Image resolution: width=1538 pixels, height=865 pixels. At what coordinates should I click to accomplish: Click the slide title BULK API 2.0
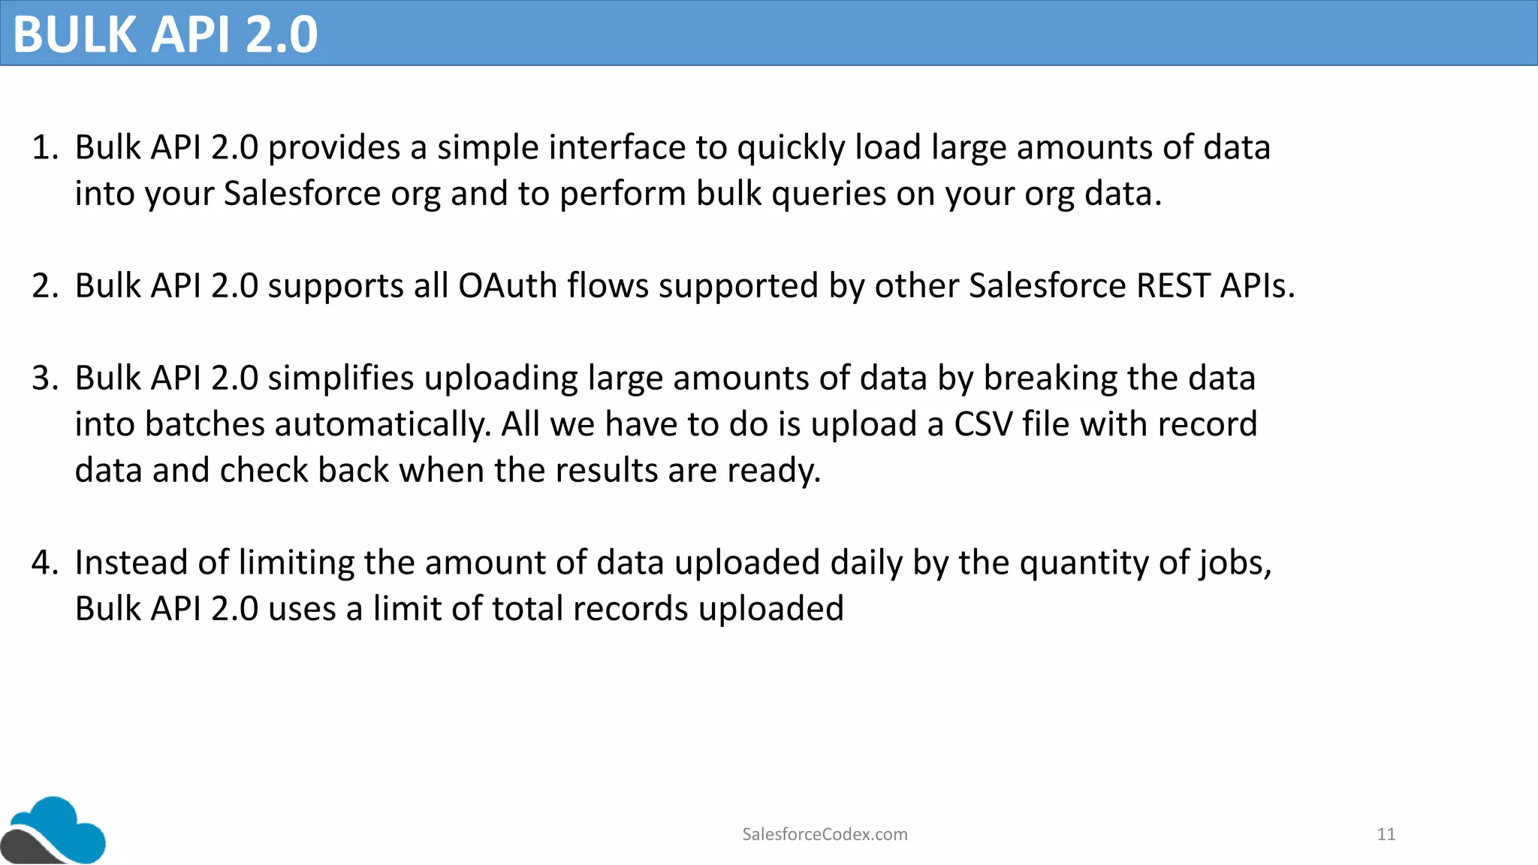[165, 34]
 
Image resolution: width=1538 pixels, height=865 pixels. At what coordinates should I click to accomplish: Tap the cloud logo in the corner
[54, 830]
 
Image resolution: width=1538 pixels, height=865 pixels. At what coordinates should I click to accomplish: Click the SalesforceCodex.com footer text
[825, 834]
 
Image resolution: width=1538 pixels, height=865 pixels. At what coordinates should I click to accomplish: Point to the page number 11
[1386, 834]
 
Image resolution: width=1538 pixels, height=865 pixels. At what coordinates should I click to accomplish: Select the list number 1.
[44, 148]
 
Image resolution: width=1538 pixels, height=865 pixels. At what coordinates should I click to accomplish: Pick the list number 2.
[44, 286]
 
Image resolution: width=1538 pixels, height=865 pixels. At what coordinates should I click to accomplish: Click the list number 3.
[44, 378]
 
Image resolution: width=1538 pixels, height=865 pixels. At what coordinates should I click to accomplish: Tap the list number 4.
[44, 563]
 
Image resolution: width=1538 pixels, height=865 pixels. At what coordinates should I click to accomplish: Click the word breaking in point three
[1050, 378]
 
